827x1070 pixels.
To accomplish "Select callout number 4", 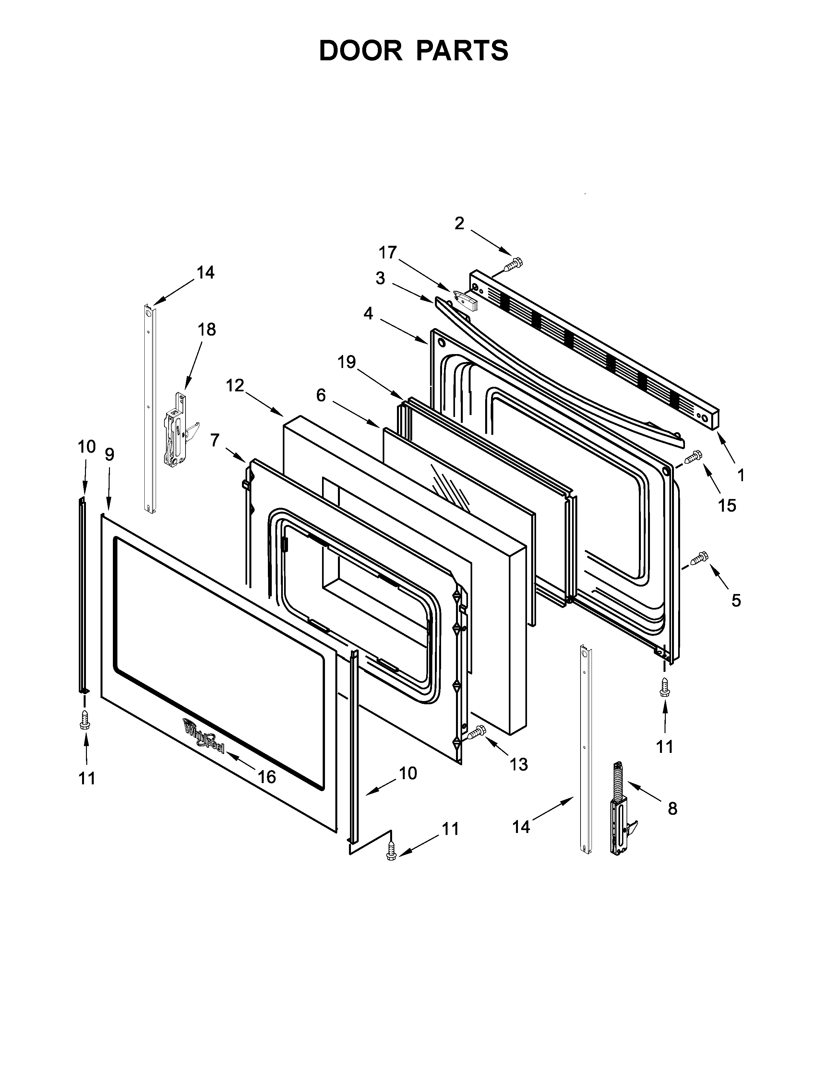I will [368, 313].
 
